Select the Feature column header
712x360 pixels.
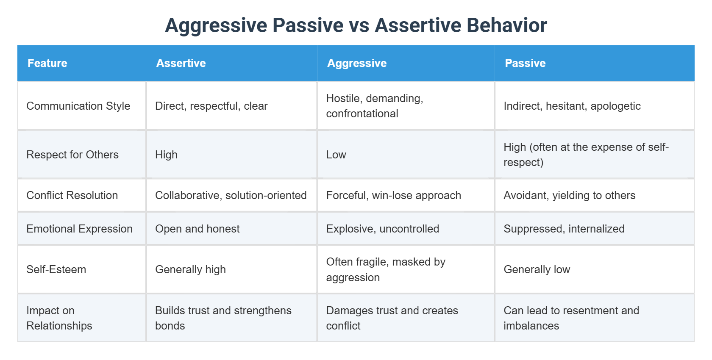47,63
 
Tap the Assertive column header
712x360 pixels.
181,63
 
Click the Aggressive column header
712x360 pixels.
357,63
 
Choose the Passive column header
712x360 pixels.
525,63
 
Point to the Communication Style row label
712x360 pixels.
78,106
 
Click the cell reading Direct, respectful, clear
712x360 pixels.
211,106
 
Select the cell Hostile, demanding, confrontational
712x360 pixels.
374,106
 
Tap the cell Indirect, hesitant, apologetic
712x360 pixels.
572,106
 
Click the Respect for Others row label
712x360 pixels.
72,155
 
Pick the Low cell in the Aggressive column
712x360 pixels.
336,155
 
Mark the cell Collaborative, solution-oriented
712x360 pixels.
231,195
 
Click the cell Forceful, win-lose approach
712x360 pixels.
393,195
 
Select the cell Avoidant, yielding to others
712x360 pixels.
569,195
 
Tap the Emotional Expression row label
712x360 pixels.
79,229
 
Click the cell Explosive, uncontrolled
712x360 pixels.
382,229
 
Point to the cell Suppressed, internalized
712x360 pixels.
564,229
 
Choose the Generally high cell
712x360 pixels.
190,269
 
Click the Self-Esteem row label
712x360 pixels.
56,269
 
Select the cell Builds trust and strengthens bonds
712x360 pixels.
223,318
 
